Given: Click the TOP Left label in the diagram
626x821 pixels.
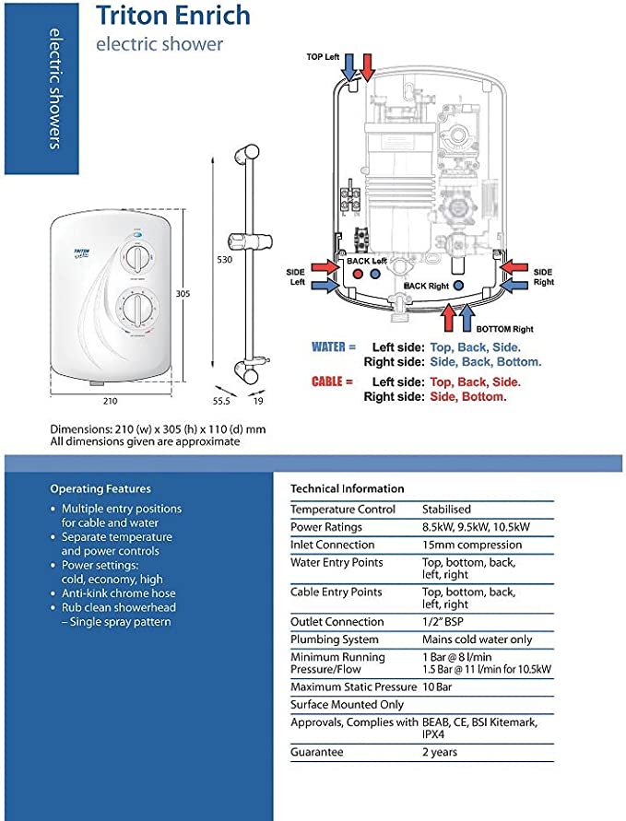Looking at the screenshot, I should click(x=323, y=57).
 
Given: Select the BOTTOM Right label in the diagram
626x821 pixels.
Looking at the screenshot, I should click(x=505, y=329).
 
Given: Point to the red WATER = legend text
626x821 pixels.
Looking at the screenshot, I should click(x=334, y=347).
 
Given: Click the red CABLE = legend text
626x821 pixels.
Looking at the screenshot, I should click(x=333, y=381).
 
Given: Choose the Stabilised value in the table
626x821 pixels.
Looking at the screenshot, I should click(x=446, y=509).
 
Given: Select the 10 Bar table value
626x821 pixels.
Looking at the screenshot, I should click(x=438, y=686).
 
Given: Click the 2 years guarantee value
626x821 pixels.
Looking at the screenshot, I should click(x=441, y=752).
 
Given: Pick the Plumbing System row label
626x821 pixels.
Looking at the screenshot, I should click(x=335, y=639).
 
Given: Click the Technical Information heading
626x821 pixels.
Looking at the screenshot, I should click(x=348, y=488).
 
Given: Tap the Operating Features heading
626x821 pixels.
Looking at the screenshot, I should click(x=100, y=488).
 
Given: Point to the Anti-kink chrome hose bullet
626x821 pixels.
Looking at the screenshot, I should click(x=119, y=593).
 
